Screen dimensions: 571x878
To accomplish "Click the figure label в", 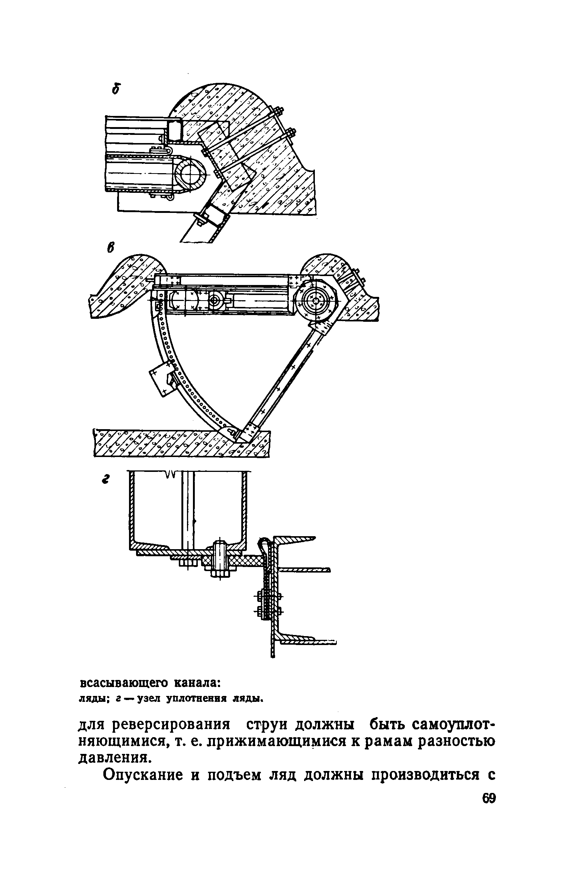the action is (110, 247).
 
